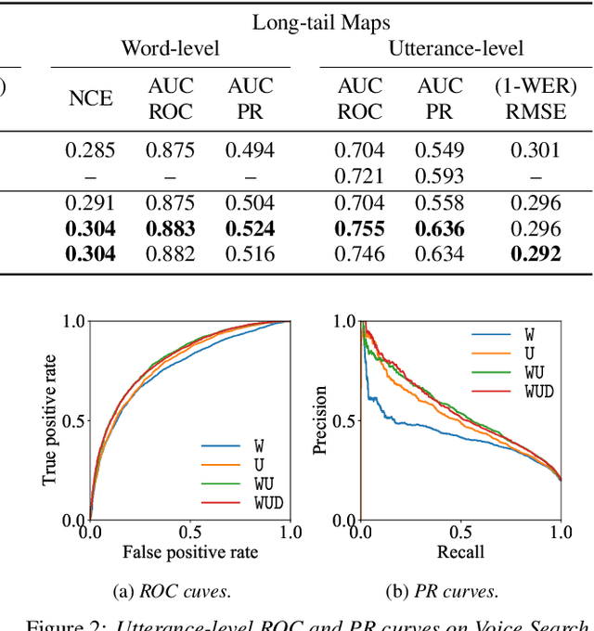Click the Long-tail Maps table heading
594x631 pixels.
click(x=322, y=20)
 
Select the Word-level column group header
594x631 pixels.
click(x=170, y=47)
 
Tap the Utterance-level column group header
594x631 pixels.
click(x=456, y=47)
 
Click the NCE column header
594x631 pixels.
click(x=90, y=99)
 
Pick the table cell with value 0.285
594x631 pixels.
click(x=90, y=150)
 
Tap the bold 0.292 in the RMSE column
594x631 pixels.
click(x=536, y=253)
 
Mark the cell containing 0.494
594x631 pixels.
click(x=251, y=150)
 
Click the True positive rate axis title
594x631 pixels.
click(x=50, y=420)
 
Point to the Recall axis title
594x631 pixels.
click(x=460, y=554)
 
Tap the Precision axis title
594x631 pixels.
click(x=320, y=420)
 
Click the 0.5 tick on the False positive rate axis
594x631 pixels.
click(x=190, y=533)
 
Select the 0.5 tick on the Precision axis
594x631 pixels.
click(x=343, y=420)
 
